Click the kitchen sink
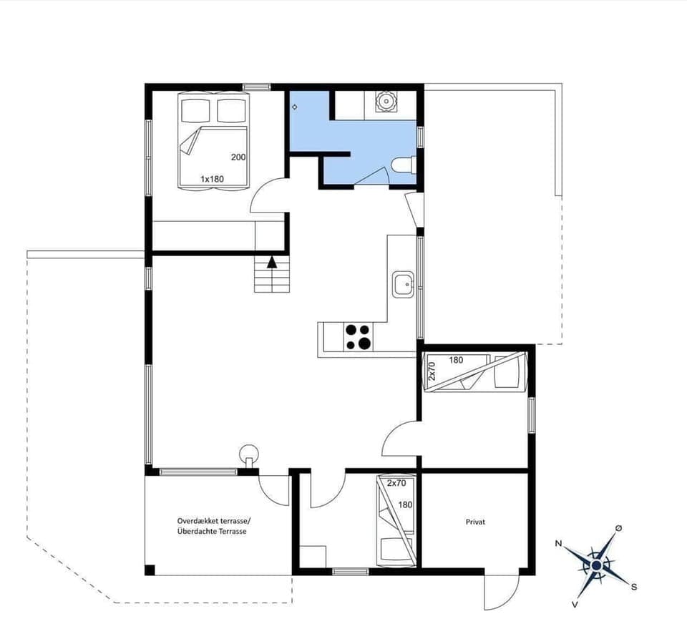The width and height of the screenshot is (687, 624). (403, 285)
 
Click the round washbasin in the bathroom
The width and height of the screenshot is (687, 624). (386, 102)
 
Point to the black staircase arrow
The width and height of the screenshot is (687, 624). (272, 262)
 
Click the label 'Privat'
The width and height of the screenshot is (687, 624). (475, 522)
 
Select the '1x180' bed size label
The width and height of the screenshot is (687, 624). (213, 178)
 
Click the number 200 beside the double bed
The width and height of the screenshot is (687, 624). (238, 157)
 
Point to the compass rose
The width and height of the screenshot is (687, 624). (595, 565)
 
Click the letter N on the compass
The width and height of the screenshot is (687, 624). (558, 543)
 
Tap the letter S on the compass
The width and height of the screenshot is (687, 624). (634, 586)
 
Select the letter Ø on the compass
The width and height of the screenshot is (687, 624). (618, 528)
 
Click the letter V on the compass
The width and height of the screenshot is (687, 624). (575, 604)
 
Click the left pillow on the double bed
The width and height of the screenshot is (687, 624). (195, 110)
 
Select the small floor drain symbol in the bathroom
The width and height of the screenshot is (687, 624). (295, 107)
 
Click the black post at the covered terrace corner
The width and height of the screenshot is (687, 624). (150, 570)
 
